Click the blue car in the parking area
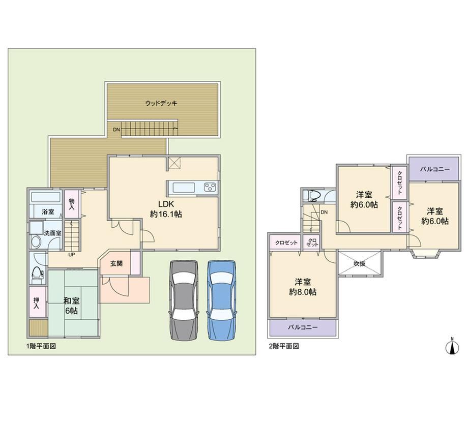(x=222, y=300)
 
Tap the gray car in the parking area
(x=184, y=300)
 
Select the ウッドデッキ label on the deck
(x=161, y=103)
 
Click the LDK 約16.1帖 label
(x=166, y=209)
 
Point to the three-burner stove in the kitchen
(x=210, y=188)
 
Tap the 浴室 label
(x=48, y=212)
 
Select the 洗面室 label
(x=52, y=233)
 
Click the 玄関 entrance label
(x=116, y=263)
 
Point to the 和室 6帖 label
(x=71, y=305)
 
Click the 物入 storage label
(x=72, y=204)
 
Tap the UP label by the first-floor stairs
(x=72, y=255)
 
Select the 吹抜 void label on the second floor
(x=360, y=264)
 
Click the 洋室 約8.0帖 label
(x=303, y=287)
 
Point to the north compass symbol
(x=452, y=346)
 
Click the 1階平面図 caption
(x=41, y=346)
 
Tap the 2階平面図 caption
(x=284, y=346)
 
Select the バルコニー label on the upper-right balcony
(x=434, y=169)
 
